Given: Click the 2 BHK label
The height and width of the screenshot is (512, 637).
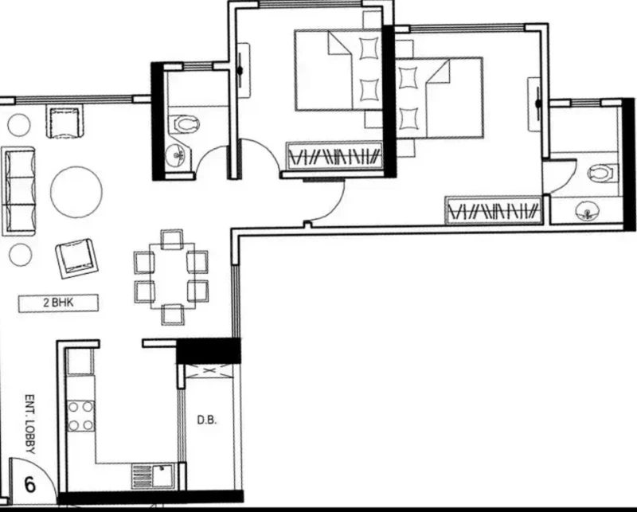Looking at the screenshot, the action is tap(58, 303).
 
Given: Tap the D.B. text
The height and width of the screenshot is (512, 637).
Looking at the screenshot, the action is tap(207, 420).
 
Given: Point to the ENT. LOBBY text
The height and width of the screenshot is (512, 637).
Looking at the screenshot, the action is tap(30, 424).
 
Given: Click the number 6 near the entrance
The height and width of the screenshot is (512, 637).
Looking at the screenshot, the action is tap(30, 485).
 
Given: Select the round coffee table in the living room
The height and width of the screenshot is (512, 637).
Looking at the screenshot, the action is tap(76, 192).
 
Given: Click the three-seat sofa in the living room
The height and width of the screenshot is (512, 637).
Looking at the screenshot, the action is tap(18, 191).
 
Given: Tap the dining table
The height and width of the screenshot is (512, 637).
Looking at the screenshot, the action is tap(172, 276).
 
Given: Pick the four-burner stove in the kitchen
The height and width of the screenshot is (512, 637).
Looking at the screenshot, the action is tap(80, 416).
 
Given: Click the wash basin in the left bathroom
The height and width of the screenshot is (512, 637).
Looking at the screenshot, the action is tap(176, 154).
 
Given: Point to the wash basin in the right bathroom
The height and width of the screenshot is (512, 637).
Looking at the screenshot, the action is tap(588, 210).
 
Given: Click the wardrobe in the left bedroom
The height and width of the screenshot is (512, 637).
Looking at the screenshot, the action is tap(334, 155).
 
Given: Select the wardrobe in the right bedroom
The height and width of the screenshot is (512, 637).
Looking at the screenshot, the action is tap(494, 210).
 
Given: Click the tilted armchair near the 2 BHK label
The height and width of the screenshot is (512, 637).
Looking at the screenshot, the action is tap(76, 258).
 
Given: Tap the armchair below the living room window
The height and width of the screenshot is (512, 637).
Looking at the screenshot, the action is tap(66, 121).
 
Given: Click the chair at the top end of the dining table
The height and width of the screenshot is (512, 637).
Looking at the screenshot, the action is tap(171, 240).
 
